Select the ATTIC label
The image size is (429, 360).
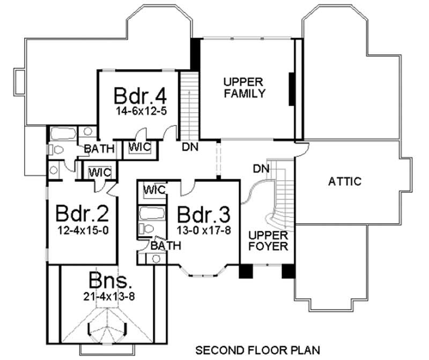tap(344, 181)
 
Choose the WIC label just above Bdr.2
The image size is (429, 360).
tap(99, 172)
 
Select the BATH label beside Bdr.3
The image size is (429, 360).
tap(165, 246)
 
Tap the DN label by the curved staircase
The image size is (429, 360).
tap(261, 169)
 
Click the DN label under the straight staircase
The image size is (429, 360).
tap(188, 146)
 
